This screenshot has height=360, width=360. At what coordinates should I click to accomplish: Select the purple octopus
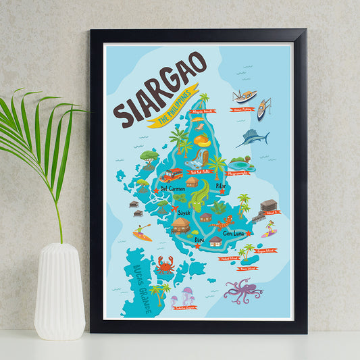click(242, 290)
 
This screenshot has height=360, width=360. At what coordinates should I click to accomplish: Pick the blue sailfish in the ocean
click(253, 138)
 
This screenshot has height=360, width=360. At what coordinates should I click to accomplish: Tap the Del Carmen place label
click(173, 189)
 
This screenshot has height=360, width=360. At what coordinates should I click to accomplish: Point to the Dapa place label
click(199, 238)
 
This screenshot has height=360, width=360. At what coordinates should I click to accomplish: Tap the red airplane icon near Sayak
click(177, 209)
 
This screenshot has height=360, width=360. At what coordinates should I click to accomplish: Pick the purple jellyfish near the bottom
click(185, 295)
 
